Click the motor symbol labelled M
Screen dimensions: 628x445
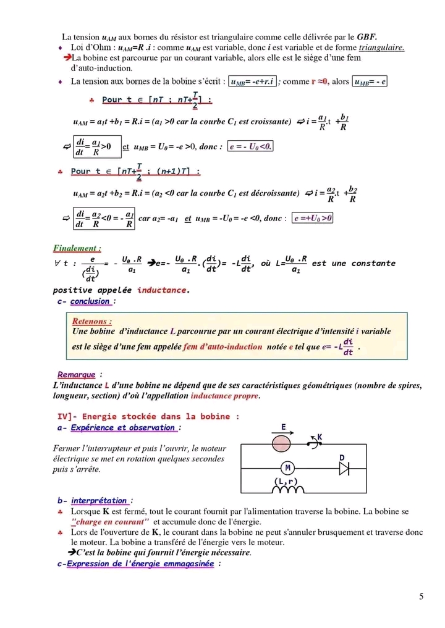pyautogui.click(x=287, y=467)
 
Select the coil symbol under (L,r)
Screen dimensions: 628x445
pyautogui.click(x=286, y=490)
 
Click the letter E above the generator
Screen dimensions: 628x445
pyautogui.click(x=283, y=427)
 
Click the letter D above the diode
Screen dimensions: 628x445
pyautogui.click(x=342, y=456)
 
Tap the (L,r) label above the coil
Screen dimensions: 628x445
pyautogui.click(x=286, y=480)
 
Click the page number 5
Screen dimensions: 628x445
pyautogui.click(x=421, y=596)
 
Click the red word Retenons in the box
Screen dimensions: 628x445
pyautogui.click(x=92, y=322)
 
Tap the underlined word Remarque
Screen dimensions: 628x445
pyautogui.click(x=76, y=375)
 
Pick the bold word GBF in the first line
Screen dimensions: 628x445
pyautogui.click(x=367, y=37)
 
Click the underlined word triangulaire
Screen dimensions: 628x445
pyautogui.click(x=381, y=47)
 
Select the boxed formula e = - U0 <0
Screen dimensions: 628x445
pyautogui.click(x=250, y=146)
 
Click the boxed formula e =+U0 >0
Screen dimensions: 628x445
pyautogui.click(x=313, y=218)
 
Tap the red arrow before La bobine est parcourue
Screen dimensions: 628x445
pyautogui.click(x=67, y=57)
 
